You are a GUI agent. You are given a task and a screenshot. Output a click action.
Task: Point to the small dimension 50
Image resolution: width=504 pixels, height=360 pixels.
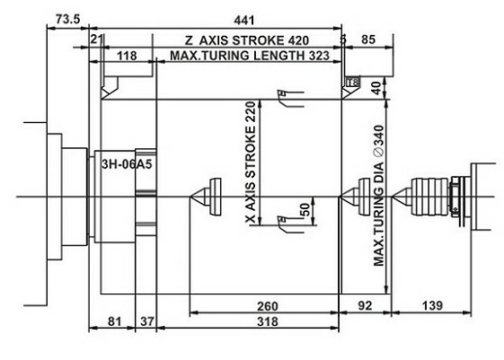(x=304, y=210)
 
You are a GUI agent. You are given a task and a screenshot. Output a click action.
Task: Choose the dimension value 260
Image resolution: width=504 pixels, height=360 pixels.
(x=267, y=306)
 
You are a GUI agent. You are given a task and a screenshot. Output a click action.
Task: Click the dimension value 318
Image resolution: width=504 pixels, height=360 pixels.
(x=267, y=320)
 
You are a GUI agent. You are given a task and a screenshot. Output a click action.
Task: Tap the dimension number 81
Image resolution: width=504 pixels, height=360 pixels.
(x=112, y=320)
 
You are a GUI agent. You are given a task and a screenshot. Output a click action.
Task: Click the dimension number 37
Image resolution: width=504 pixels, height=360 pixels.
(x=147, y=320)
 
